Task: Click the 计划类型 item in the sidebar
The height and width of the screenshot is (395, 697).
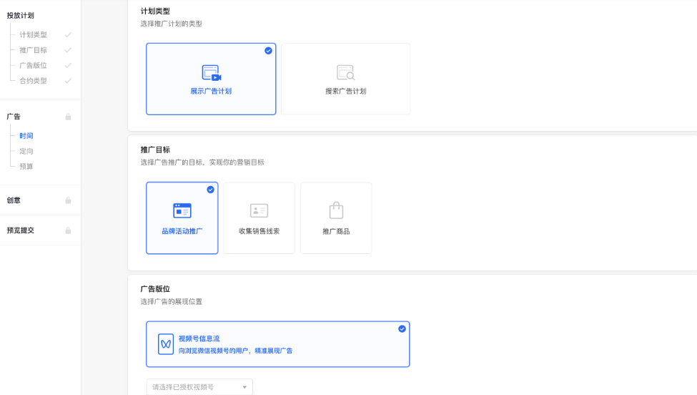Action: [x=33, y=34]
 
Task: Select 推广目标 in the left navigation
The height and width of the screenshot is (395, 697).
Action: [x=33, y=50]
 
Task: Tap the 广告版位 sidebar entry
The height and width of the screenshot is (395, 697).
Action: [x=33, y=65]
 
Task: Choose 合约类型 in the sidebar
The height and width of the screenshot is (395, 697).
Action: [x=33, y=81]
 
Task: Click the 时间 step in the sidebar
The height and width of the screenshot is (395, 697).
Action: [x=26, y=136]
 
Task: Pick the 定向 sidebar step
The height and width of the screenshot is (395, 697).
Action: [x=26, y=151]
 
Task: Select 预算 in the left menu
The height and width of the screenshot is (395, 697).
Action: [x=26, y=167]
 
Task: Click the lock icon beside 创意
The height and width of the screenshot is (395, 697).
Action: [x=68, y=200]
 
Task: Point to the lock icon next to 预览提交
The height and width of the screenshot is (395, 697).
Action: [x=68, y=230]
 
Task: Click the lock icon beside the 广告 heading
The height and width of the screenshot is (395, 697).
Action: [x=68, y=117]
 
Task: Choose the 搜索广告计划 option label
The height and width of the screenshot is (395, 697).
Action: [x=346, y=92]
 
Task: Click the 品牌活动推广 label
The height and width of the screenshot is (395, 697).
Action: [x=182, y=231]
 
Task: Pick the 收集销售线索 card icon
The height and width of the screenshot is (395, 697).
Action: [x=259, y=210]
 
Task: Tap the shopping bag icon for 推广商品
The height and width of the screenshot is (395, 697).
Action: [x=336, y=210]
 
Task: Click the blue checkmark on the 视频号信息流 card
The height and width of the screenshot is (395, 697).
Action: [x=402, y=329]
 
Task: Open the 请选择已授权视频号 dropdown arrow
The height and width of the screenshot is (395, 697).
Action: [x=244, y=387]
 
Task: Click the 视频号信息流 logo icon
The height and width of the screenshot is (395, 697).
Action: [x=166, y=344]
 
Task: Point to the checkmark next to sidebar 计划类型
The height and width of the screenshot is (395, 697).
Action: [x=68, y=34]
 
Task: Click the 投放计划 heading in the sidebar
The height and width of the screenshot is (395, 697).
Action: [x=20, y=15]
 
